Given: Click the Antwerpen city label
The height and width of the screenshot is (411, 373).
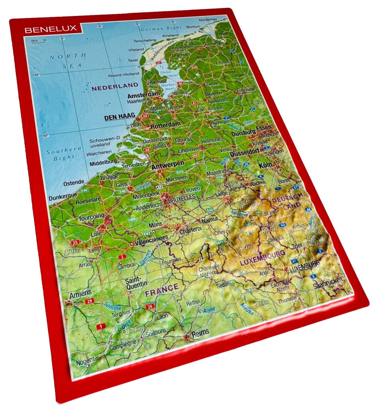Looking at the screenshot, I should [x=167, y=164].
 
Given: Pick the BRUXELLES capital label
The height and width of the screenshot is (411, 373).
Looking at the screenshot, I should [x=182, y=198].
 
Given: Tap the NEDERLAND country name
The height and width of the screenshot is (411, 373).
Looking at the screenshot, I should [x=114, y=85].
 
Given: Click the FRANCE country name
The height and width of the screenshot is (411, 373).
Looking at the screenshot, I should [x=161, y=290].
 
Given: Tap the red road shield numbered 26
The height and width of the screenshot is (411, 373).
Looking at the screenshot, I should [x=150, y=306].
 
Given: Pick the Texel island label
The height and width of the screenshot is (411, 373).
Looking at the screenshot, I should [x=132, y=60].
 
